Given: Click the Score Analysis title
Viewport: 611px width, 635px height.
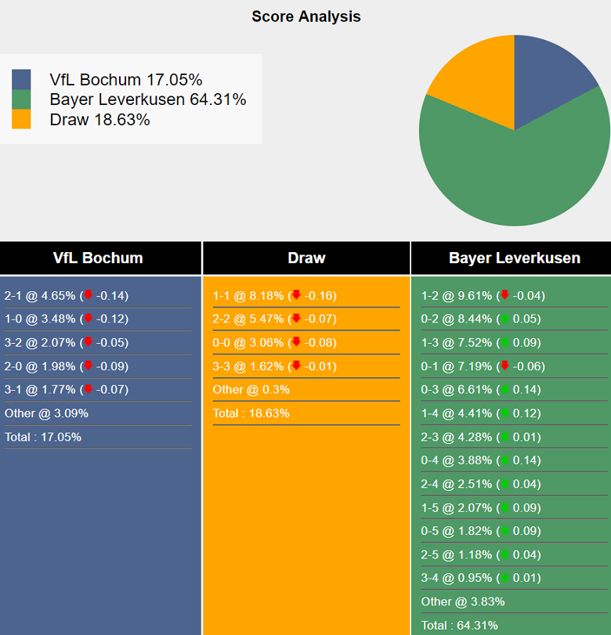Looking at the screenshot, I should tap(305, 16).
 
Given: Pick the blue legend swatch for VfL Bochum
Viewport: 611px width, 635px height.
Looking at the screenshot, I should tap(21, 80).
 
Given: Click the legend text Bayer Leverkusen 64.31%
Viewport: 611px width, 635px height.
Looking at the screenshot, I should tap(147, 99).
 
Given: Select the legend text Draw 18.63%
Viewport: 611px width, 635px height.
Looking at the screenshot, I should tap(99, 120).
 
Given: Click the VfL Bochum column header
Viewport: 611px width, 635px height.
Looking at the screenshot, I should tap(98, 258).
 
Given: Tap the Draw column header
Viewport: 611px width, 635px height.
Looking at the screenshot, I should tap(306, 258).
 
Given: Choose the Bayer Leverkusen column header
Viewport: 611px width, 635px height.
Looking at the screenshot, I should tap(515, 258).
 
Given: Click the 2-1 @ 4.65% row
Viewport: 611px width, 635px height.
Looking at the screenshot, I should tap(67, 296).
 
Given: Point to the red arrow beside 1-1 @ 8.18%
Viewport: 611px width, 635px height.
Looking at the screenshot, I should tap(296, 295).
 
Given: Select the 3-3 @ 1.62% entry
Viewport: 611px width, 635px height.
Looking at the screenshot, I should tap(274, 366).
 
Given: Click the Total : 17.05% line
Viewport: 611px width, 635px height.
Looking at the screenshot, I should tap(43, 437).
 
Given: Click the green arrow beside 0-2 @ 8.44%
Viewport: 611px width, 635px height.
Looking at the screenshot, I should tap(504, 319).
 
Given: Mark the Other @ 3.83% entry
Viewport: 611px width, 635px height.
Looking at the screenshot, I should tap(463, 601).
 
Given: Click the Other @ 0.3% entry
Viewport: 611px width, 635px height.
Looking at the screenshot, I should tap(251, 390).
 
